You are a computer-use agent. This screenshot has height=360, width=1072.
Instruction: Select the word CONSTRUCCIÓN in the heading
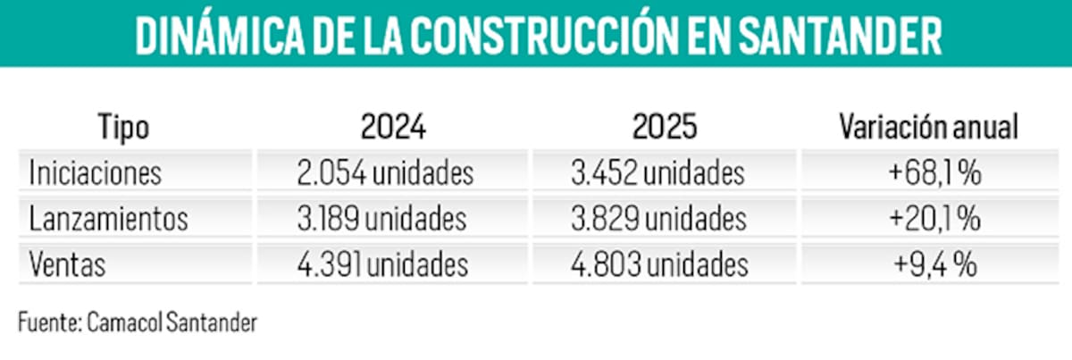pos(549,37)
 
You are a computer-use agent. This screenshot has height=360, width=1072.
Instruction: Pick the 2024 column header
pos(394,128)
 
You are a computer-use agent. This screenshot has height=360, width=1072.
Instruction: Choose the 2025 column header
pos(666,128)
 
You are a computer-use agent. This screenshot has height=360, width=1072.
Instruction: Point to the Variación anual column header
pos(929,128)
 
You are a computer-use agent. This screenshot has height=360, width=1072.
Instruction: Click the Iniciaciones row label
pos(95,172)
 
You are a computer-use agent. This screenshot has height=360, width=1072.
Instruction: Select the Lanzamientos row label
pos(108,219)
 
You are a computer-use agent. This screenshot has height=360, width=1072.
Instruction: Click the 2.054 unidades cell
pos(385,172)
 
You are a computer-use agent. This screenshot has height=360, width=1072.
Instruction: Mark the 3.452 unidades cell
pos(657,172)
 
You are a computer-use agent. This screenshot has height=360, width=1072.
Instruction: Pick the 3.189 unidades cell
pos(382,219)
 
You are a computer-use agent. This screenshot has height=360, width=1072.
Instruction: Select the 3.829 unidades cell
pos(657,219)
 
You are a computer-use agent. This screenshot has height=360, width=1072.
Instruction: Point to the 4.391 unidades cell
pos(383,265)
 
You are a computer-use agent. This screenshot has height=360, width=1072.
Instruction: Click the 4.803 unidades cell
pos(659,265)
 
